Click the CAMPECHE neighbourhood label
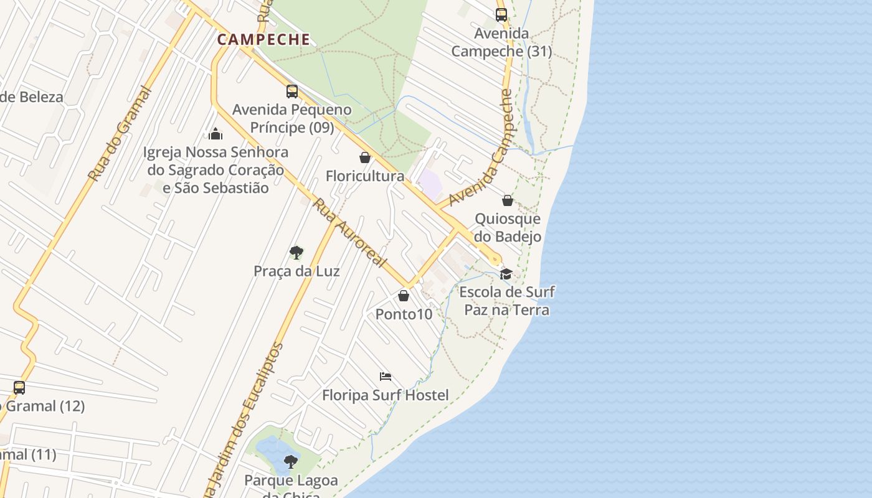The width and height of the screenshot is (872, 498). (x=263, y=40)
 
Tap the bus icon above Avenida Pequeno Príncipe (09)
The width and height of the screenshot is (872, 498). (x=292, y=92)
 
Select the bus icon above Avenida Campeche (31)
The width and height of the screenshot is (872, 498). (x=501, y=15)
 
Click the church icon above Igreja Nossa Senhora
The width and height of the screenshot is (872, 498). (x=216, y=134)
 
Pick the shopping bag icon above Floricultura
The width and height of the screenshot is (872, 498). (x=365, y=158)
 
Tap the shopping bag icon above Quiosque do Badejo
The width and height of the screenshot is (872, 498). (x=508, y=200)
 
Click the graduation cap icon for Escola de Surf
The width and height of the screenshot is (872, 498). (x=506, y=274)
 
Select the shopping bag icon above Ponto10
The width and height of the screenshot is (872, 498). (x=404, y=296)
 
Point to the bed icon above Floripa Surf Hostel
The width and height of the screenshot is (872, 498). (x=386, y=377)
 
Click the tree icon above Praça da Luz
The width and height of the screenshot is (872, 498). (x=296, y=253)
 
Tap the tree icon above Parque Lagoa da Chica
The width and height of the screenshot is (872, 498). (x=291, y=462)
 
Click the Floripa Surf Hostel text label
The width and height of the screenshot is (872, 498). (x=385, y=395)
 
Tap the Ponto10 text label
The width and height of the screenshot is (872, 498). (x=404, y=314)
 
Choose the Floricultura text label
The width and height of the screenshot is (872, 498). (x=365, y=177)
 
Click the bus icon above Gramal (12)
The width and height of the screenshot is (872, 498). (x=19, y=388)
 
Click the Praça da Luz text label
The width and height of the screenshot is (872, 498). (x=296, y=271)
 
